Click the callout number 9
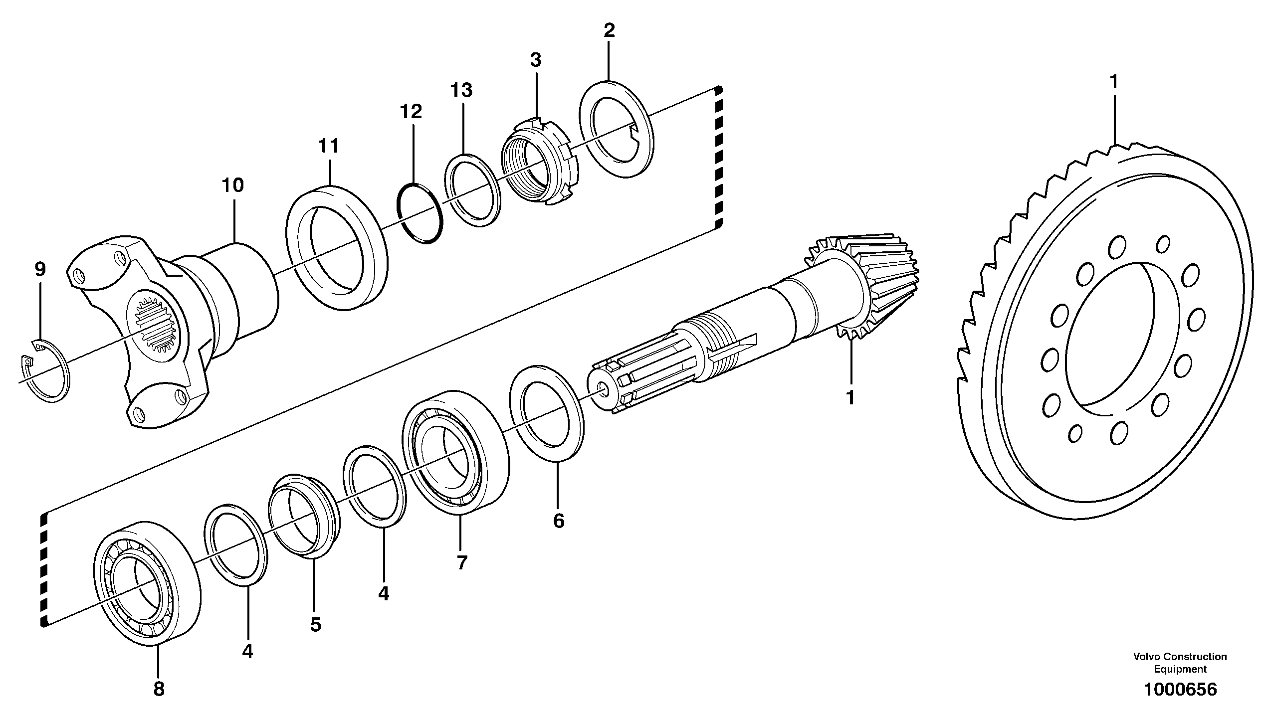[40, 270]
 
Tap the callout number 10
[232, 186]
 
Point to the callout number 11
[328, 147]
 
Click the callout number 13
[461, 91]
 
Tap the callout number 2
[609, 31]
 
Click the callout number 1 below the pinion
[850, 398]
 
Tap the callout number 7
[461, 563]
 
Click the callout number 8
[158, 690]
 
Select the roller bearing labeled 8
[147, 583]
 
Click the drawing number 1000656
[1180, 690]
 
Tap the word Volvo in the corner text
[1146, 657]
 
